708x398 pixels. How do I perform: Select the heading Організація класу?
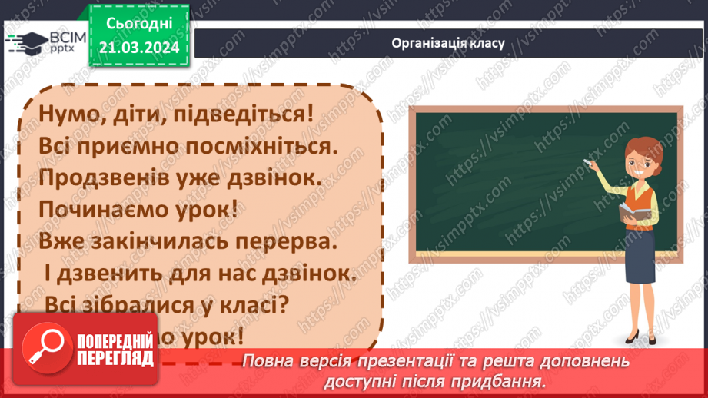point(447,43)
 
